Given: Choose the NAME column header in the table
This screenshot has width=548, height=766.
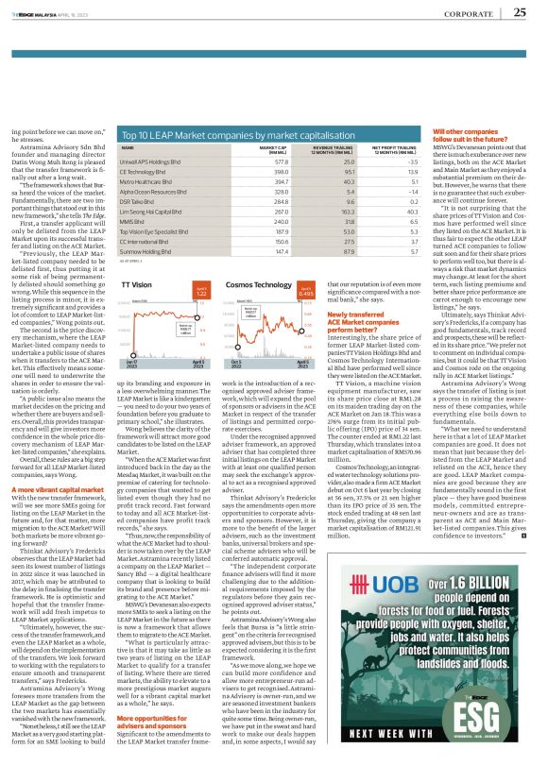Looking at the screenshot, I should pos(128,175).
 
